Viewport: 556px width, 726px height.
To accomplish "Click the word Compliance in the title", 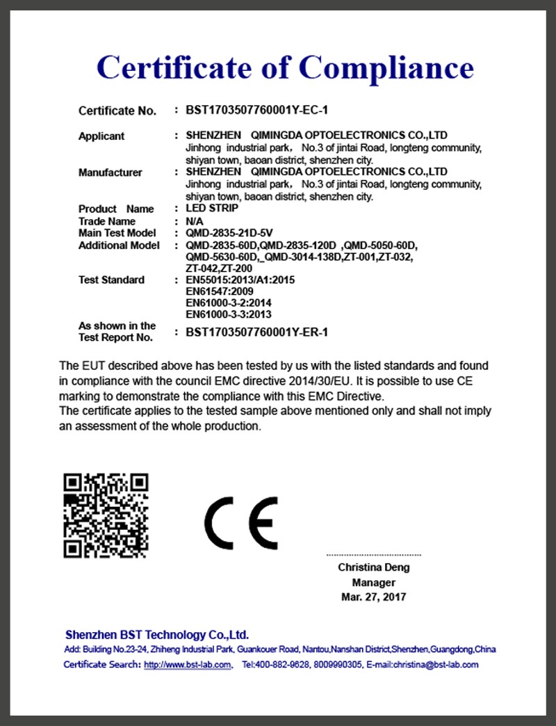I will click(386, 68).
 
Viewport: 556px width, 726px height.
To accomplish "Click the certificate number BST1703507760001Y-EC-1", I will click(256, 111).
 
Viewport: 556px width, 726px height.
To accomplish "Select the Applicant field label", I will click(101, 136).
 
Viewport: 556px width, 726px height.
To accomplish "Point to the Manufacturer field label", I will click(110, 172).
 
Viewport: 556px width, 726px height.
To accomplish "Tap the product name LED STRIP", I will click(212, 208).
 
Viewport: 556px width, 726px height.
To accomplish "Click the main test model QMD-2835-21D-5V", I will click(229, 233).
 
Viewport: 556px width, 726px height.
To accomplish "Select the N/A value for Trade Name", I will click(195, 221).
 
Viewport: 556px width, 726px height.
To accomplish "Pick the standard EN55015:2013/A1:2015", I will click(240, 280).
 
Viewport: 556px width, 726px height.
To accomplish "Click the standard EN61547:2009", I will click(215, 291).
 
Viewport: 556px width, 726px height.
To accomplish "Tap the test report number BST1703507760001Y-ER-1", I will click(256, 332).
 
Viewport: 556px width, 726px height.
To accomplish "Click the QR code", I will click(106, 515).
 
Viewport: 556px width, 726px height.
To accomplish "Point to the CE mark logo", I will click(240, 522).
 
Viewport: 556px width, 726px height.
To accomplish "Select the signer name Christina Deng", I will click(374, 567).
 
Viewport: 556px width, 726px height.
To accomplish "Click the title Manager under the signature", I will click(374, 582).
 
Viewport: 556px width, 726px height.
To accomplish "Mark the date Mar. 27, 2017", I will click(374, 597).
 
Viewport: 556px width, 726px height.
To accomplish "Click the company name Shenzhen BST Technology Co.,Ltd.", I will click(156, 635).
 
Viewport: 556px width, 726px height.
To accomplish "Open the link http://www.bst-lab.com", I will click(187, 665).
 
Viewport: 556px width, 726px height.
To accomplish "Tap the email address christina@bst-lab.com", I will click(437, 665).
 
